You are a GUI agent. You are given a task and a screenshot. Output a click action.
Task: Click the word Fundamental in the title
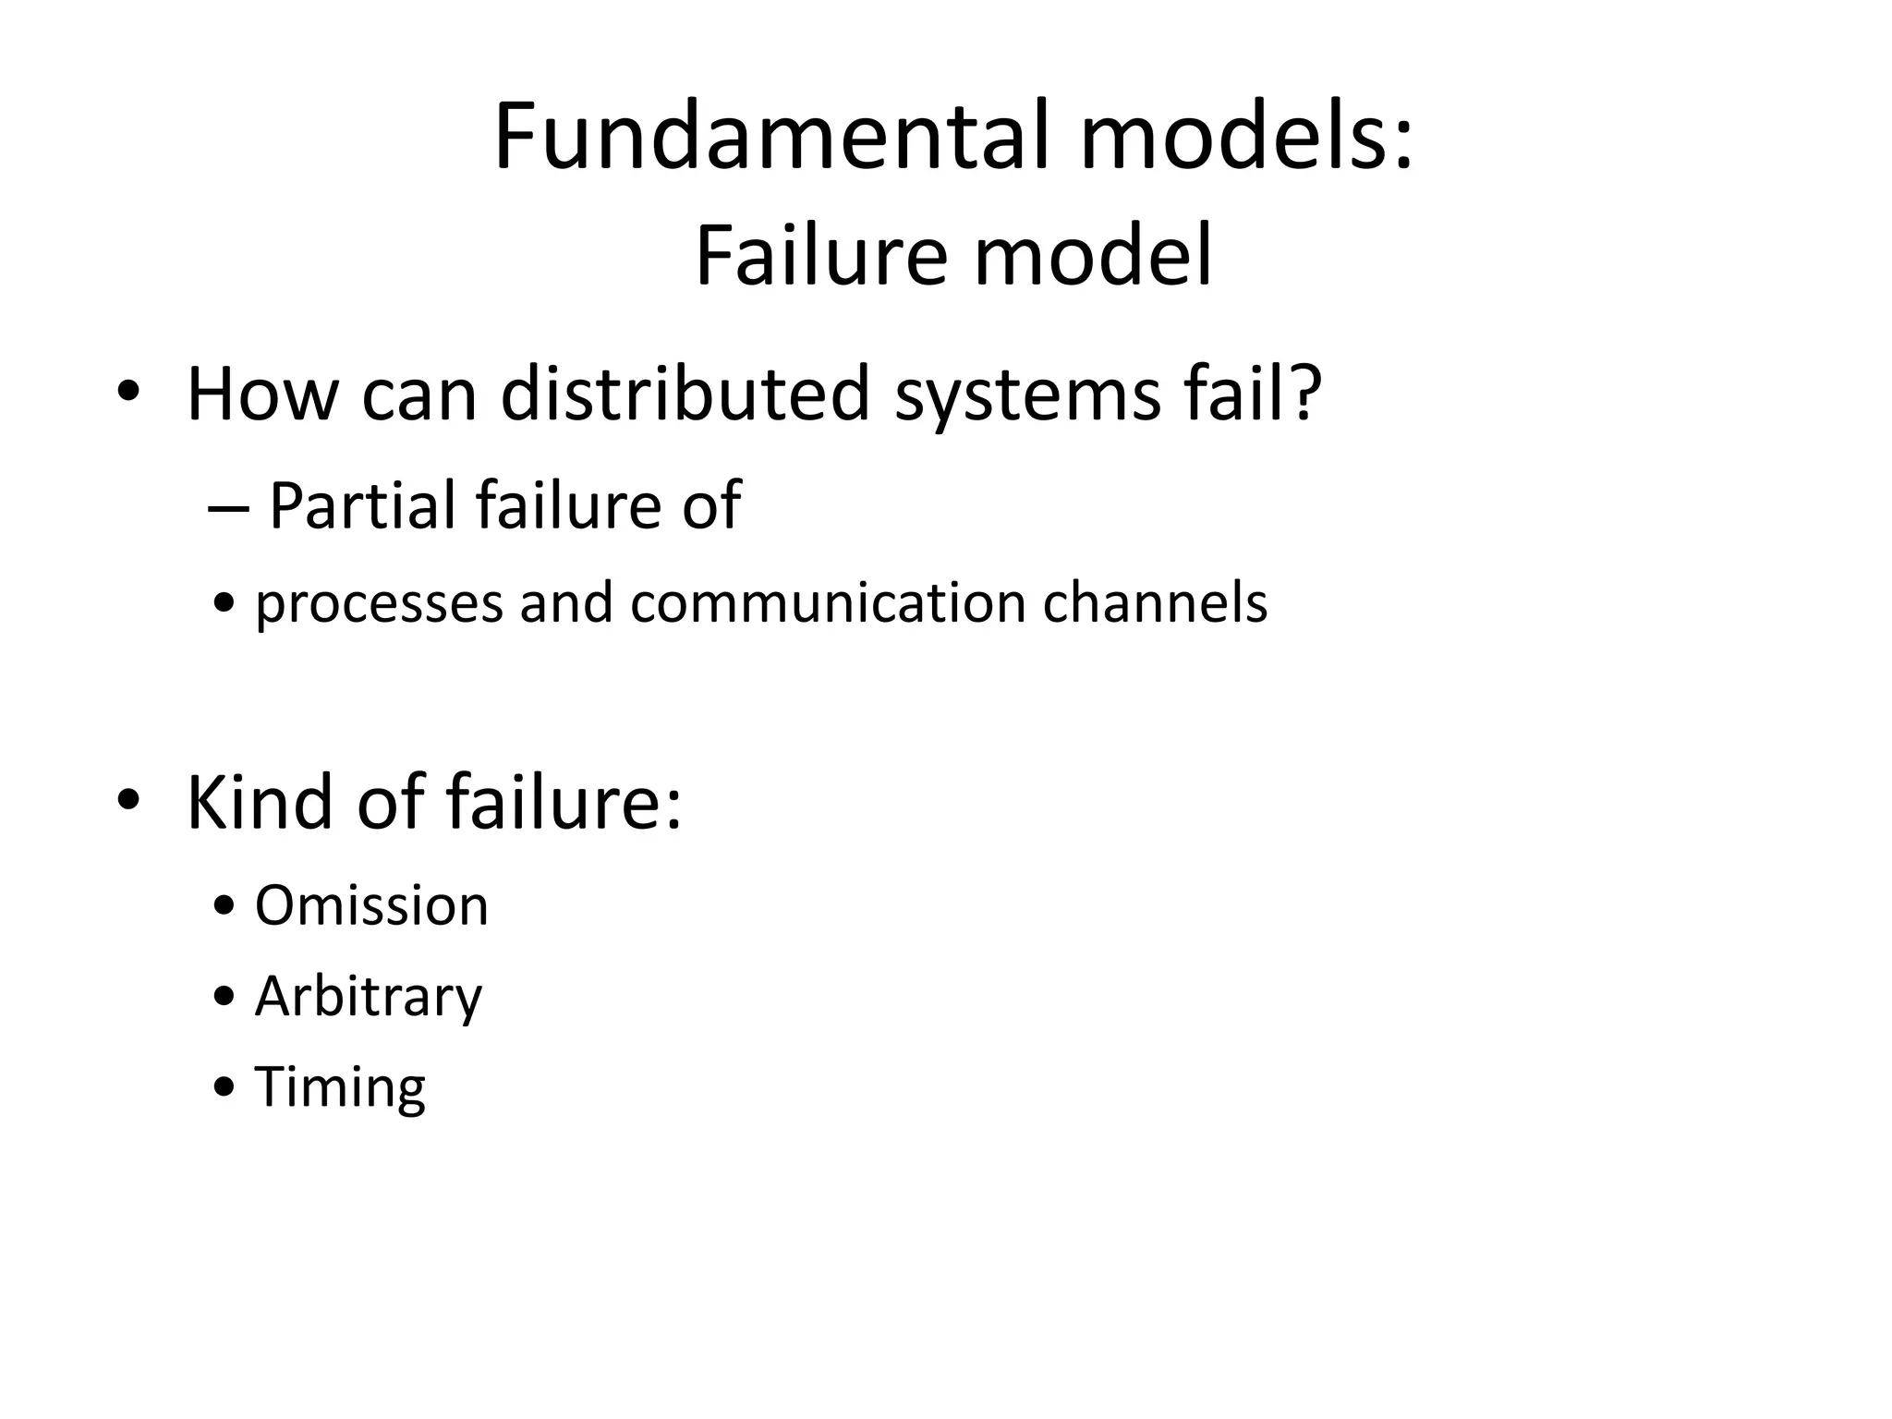click(771, 136)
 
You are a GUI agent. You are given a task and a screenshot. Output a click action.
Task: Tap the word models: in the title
click(1246, 136)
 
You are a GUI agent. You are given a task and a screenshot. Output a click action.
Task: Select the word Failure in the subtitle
click(821, 256)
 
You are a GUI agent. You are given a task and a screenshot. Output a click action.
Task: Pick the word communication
click(828, 602)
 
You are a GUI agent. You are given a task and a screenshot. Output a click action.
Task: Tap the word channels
click(1155, 602)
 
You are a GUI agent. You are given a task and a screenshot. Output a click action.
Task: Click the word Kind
click(260, 801)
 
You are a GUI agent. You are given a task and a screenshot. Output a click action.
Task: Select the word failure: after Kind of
click(564, 801)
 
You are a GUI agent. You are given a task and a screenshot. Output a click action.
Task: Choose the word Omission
click(371, 905)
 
